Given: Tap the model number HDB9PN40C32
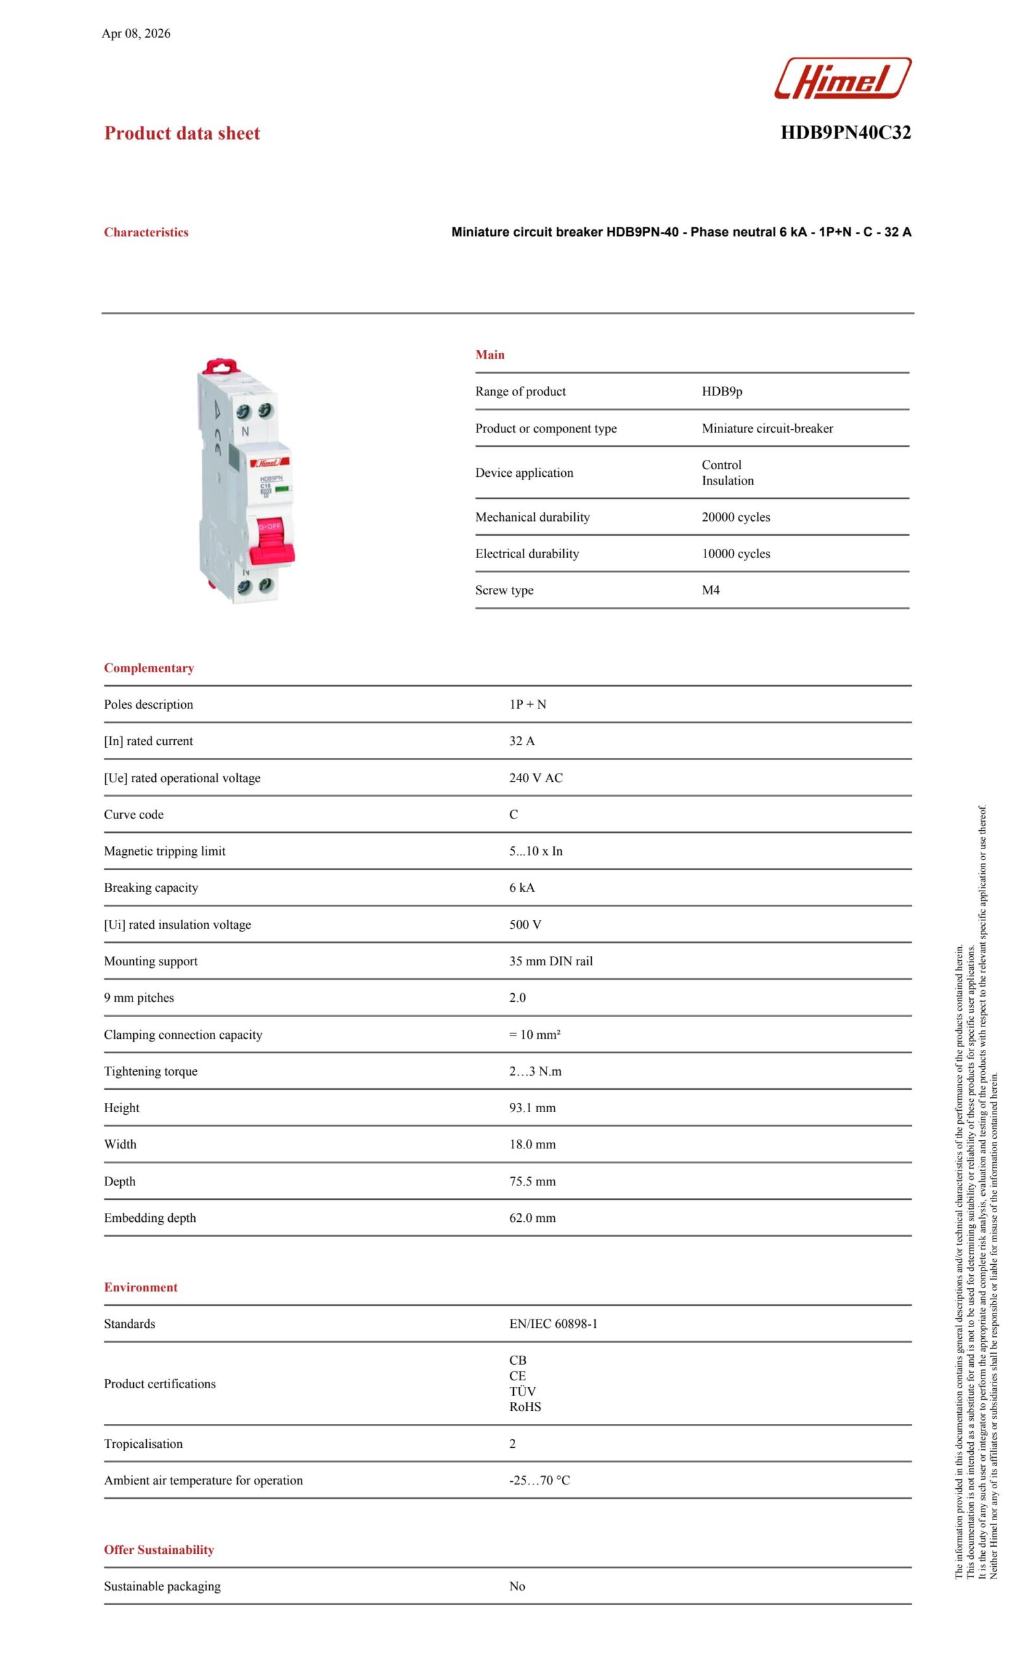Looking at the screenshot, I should pyautogui.click(x=845, y=133).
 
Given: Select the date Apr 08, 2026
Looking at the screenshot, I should pyautogui.click(x=136, y=34).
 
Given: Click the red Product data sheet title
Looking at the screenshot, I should pyautogui.click(x=182, y=134).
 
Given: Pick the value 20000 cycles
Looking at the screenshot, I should pyautogui.click(x=735, y=517).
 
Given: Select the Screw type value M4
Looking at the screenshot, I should pyautogui.click(x=710, y=590).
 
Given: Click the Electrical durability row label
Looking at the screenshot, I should pyautogui.click(x=527, y=553).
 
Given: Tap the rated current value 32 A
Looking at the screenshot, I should pyautogui.click(x=521, y=741).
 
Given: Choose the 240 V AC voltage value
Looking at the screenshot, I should pyautogui.click(x=535, y=778).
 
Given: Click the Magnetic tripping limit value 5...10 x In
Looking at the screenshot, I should pyautogui.click(x=535, y=851).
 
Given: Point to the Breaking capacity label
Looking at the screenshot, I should pyautogui.click(x=151, y=887).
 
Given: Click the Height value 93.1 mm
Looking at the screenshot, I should pyautogui.click(x=532, y=1108).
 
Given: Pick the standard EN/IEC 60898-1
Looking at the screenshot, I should pyautogui.click(x=553, y=1323).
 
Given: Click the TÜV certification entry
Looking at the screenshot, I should pyautogui.click(x=522, y=1391).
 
